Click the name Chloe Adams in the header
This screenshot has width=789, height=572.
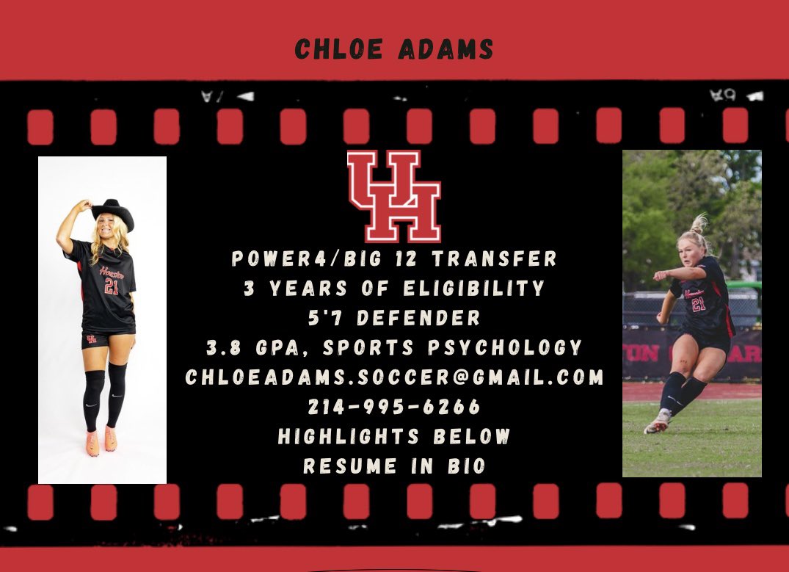[394, 49]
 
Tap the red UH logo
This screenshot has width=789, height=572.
[394, 196]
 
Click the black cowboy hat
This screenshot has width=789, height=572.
[112, 214]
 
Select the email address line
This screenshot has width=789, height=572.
[394, 377]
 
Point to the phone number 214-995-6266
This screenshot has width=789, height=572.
[394, 406]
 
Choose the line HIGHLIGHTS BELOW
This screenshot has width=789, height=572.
[394, 436]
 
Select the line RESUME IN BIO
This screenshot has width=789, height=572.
[394, 466]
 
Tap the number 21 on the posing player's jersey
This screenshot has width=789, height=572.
[111, 286]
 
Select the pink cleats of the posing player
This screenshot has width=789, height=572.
[101, 441]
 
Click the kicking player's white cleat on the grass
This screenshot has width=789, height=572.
[657, 424]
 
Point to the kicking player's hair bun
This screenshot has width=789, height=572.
[699, 222]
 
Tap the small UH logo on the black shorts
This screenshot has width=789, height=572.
[91, 339]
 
